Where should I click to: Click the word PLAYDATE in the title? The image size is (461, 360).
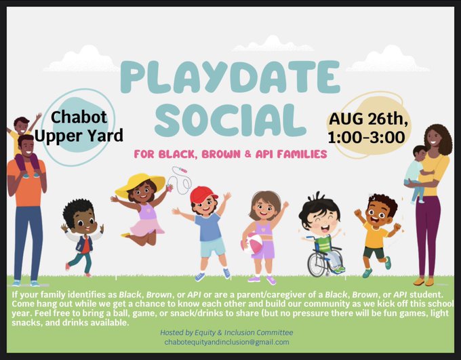point(230,77)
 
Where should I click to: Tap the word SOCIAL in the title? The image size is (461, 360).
point(230,121)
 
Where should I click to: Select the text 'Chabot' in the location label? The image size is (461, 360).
point(79,117)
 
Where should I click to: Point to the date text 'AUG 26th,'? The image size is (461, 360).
point(368,119)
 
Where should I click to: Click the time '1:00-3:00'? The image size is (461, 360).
point(366,138)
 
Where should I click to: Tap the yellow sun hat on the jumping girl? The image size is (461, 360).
point(140,184)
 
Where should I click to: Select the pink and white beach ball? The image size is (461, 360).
point(252,243)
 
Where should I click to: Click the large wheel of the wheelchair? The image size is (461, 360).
point(317,262)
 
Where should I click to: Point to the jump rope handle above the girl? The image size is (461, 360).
point(181,169)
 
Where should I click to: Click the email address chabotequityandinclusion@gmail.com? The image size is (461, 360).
point(226,342)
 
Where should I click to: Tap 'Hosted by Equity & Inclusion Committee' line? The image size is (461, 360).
point(226,333)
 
